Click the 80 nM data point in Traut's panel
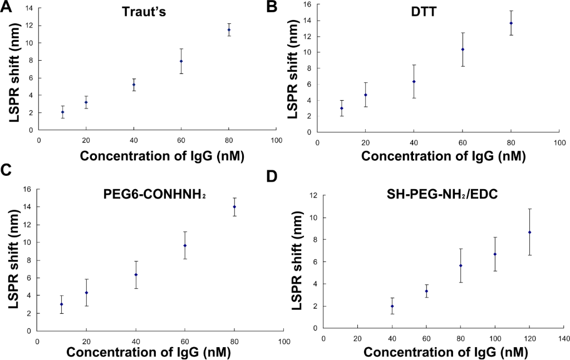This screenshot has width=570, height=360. (229, 29)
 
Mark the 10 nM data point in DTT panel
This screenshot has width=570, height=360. (341, 108)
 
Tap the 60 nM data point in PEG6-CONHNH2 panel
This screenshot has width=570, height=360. (185, 245)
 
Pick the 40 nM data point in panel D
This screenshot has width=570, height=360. (392, 306)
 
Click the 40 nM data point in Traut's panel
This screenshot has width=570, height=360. (134, 85)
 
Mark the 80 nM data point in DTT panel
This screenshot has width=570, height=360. (511, 23)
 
